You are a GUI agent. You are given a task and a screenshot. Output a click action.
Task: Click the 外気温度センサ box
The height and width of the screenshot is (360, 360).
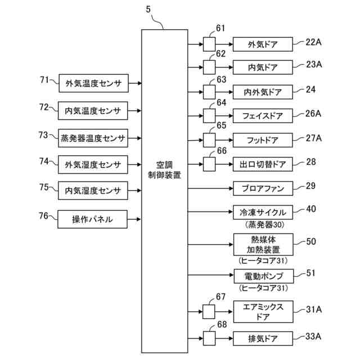(94, 83)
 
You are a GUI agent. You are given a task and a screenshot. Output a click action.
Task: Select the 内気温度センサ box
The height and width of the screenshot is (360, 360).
(93, 111)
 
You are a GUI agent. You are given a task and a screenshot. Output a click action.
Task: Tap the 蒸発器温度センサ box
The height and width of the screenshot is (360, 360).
(93, 138)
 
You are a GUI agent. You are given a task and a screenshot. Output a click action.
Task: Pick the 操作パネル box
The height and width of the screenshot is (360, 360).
(92, 219)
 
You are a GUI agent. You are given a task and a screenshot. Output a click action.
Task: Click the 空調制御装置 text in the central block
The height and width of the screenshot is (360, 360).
(164, 170)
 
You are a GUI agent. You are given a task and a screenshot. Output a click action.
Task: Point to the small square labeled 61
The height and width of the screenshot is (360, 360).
(209, 44)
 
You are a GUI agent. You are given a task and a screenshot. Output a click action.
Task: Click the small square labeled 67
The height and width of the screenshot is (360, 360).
(209, 312)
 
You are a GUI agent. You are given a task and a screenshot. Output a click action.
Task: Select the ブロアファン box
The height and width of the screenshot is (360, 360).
(263, 188)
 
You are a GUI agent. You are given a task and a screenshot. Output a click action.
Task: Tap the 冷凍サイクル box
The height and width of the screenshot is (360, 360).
(263, 213)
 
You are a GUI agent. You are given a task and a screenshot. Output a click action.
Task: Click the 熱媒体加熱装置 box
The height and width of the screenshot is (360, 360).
(263, 245)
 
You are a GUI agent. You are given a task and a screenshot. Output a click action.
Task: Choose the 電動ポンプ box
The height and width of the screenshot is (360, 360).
(264, 276)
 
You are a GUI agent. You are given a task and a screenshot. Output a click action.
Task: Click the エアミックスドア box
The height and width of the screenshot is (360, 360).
(263, 312)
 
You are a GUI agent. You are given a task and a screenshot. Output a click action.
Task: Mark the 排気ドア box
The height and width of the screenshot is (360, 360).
(263, 339)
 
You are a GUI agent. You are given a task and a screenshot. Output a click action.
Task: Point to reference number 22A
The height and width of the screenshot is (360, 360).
(313, 42)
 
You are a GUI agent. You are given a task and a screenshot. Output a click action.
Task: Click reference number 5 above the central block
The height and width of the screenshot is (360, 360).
(148, 9)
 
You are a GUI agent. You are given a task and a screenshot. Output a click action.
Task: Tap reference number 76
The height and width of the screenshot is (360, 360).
(44, 216)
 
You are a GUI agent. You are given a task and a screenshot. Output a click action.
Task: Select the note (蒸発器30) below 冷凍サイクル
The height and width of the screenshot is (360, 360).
(264, 224)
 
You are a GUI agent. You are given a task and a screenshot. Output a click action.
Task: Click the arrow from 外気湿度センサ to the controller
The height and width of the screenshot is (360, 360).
(134, 165)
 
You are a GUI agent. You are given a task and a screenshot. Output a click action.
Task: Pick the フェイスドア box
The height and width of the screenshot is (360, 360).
(263, 116)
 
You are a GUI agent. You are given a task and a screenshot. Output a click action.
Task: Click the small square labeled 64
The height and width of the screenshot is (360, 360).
(209, 116)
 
